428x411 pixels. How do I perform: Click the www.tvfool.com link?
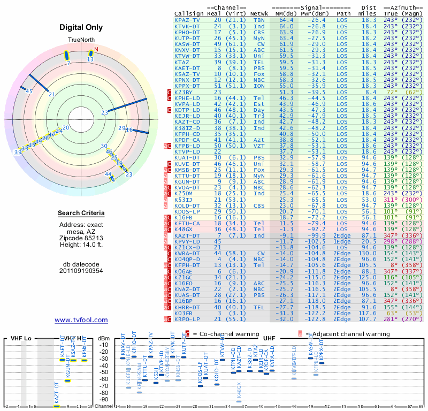point(81,320)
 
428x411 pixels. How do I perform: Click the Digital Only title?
point(81,27)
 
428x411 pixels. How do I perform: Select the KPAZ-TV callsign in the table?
point(187,20)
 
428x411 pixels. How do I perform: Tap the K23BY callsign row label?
point(184,93)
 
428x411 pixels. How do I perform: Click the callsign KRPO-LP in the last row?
point(187,319)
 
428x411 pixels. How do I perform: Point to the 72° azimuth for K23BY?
point(392,93)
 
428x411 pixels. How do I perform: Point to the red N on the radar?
point(96,50)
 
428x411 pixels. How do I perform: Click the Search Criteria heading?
point(81,214)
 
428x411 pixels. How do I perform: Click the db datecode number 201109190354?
point(81,270)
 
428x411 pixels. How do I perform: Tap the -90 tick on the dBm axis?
point(104,399)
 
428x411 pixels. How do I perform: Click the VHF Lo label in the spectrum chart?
point(20,338)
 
